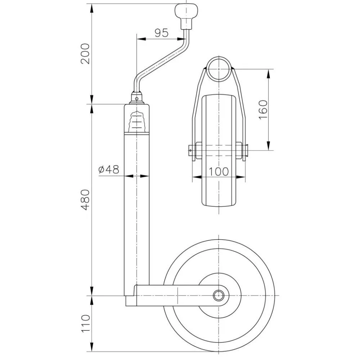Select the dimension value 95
coord(161,33)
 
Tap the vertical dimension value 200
coord(85,54)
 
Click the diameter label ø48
coord(108,170)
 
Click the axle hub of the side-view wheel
coord(219,296)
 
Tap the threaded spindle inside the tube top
coord(137,122)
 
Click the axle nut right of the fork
coord(246,148)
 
